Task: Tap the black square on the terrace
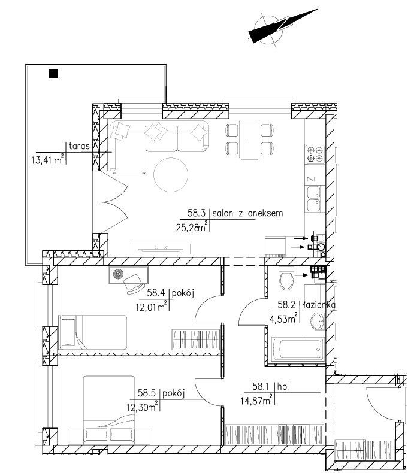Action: click(53, 73)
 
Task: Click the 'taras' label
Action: click(79, 146)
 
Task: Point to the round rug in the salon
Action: click(171, 175)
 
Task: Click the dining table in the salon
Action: click(249, 139)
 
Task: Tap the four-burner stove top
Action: click(315, 154)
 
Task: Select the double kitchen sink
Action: click(314, 199)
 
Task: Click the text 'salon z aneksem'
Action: click(247, 213)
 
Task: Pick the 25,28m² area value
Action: click(192, 226)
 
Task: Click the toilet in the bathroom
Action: click(286, 280)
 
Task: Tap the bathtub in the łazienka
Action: click(298, 349)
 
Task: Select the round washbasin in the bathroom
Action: click(318, 322)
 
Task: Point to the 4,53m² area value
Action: click(283, 319)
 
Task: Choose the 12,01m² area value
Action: click(152, 307)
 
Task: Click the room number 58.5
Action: click(147, 393)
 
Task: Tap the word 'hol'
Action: click(283, 386)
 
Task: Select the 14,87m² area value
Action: click(256, 400)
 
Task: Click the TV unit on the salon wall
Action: click(161, 249)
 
